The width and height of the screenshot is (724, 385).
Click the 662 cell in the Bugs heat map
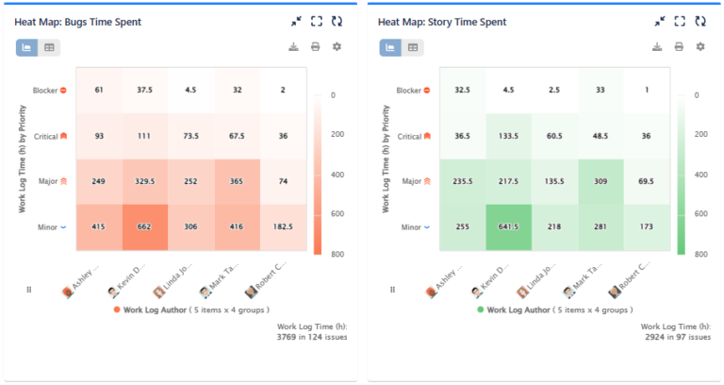pyautogui.click(x=145, y=227)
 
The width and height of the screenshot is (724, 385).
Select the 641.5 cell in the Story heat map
pyautogui.click(x=509, y=227)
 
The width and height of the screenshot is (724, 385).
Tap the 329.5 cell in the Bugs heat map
pyautogui.click(x=145, y=181)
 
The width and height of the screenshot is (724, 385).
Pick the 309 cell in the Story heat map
pyautogui.click(x=601, y=181)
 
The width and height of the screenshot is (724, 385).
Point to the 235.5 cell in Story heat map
pyautogui.click(x=463, y=181)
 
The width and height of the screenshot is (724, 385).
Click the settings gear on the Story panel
pyautogui.click(x=700, y=47)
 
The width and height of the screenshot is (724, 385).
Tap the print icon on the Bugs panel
pyautogui.click(x=315, y=47)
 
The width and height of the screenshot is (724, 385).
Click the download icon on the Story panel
pyautogui.click(x=656, y=47)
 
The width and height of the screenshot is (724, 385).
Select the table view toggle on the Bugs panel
pyautogui.click(x=49, y=47)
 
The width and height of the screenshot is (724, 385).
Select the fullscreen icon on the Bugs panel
pyautogui.click(x=316, y=21)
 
